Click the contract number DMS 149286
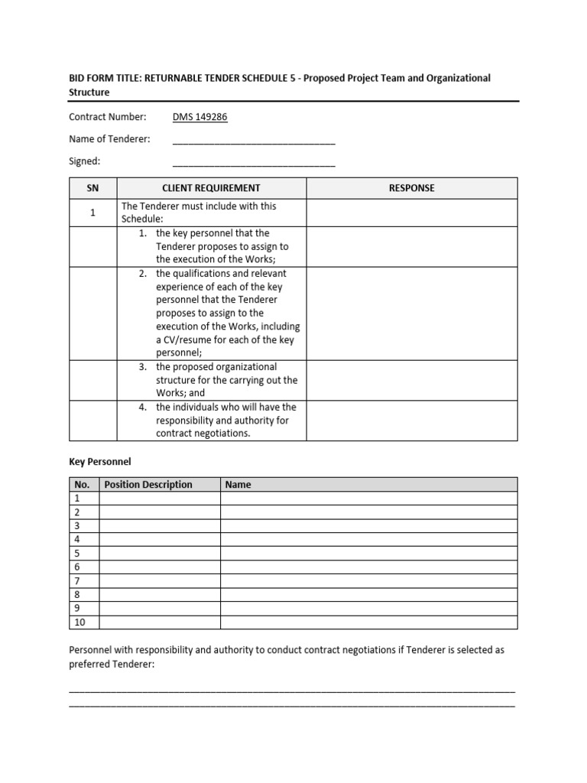pos(200,117)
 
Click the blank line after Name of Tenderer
pos(254,141)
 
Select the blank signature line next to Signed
pos(254,164)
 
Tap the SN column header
pos(92,188)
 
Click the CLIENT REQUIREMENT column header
pos(211,188)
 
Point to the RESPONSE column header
pos(411,188)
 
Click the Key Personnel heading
pos(100,462)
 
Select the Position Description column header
pos(148,485)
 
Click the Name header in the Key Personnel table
pos(238,485)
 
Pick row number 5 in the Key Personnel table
pos(77,554)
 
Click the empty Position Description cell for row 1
pos(160,499)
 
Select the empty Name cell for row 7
pos(368,581)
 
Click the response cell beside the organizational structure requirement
pos(411,380)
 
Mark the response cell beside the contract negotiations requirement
pos(411,421)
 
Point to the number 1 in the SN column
pos(92,213)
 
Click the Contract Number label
pos(107,117)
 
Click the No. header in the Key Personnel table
pos(83,485)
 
